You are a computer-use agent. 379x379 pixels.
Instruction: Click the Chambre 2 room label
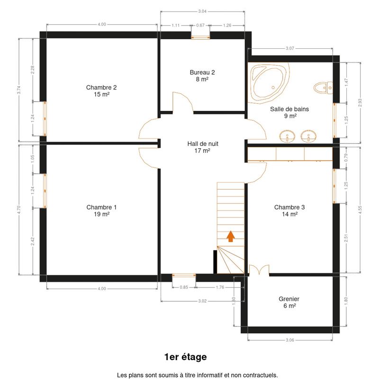point(101,90)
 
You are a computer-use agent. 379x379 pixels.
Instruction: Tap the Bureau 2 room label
point(202,76)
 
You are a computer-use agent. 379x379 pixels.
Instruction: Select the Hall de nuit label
point(203,147)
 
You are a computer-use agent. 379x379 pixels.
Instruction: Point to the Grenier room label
point(289,302)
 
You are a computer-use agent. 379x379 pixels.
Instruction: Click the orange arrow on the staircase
point(231,236)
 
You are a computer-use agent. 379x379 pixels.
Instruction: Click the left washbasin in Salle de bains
point(288,136)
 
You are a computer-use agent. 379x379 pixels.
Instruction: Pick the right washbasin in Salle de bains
point(309,136)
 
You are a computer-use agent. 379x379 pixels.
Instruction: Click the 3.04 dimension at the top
point(202,11)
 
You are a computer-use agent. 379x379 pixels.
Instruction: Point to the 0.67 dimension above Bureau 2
point(200,25)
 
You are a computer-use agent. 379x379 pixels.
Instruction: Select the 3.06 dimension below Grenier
point(290,340)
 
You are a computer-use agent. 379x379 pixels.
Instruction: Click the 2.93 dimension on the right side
point(361,103)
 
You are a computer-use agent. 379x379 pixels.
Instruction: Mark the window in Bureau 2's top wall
point(200,37)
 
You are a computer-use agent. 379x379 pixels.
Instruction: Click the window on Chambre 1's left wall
point(45,191)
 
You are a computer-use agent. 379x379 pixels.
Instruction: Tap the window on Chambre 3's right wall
point(334,186)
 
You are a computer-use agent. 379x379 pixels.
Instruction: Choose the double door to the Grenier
point(259,270)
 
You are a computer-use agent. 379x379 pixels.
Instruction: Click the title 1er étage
point(186,357)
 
